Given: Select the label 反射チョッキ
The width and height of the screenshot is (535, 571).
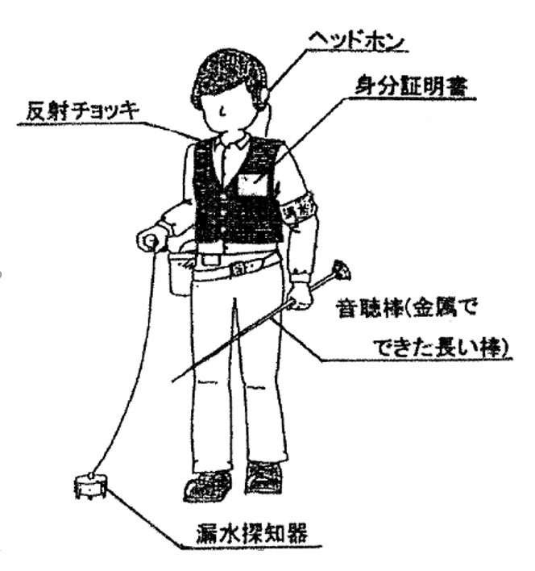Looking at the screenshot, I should tap(69, 112).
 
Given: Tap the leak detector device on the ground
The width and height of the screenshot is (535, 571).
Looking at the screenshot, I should tap(89, 486).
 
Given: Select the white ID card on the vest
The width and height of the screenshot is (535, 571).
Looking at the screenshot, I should tap(251, 185).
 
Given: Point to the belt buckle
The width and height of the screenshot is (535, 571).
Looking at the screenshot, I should tap(239, 268).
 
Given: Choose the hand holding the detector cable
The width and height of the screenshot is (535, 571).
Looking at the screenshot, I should tap(150, 239).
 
